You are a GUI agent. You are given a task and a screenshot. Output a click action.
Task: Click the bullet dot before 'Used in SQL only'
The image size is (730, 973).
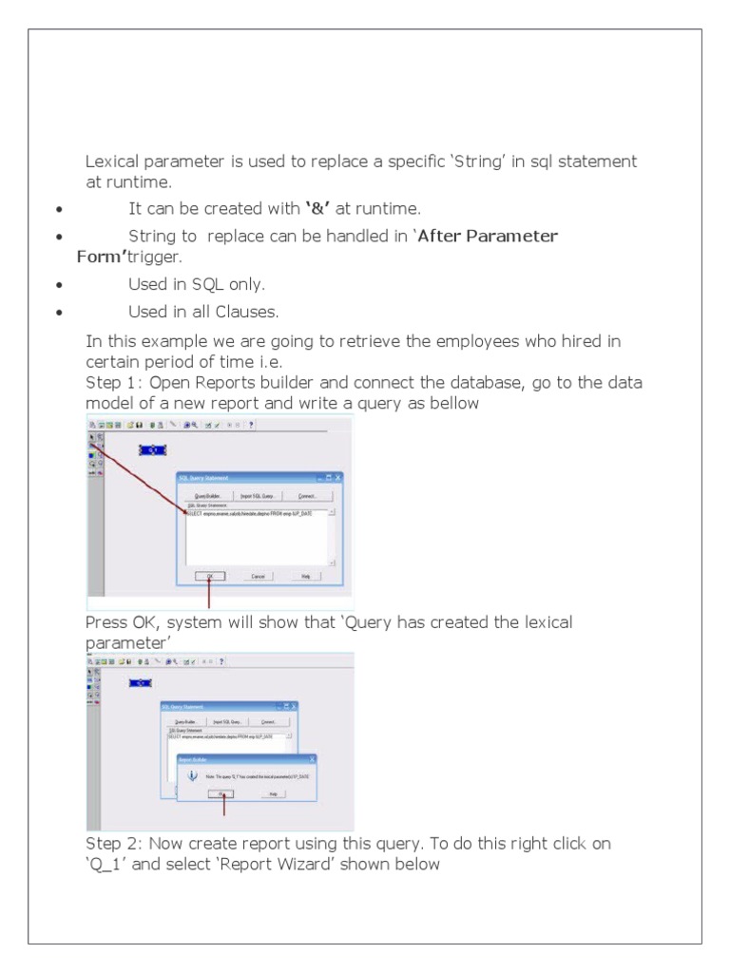pyautogui.click(x=60, y=284)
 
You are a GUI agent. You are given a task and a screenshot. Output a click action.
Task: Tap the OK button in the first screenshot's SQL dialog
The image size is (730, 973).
pyautogui.click(x=208, y=576)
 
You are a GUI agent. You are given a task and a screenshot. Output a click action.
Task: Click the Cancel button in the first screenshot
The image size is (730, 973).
pyautogui.click(x=258, y=576)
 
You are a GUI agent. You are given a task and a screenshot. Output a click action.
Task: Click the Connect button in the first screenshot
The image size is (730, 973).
pyautogui.click(x=306, y=496)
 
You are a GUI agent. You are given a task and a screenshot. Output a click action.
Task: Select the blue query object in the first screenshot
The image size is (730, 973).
pyautogui.click(x=152, y=449)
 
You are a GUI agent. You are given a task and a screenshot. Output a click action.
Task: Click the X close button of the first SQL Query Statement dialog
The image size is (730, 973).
pyautogui.click(x=336, y=477)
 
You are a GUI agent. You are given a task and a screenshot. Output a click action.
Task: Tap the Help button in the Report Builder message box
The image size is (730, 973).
pyautogui.click(x=272, y=792)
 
